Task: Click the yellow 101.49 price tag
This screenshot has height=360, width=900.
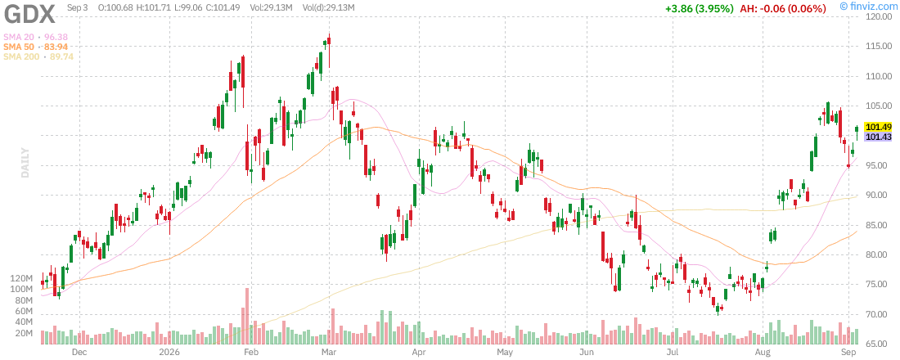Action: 878,127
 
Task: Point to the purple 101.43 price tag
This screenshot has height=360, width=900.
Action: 878,137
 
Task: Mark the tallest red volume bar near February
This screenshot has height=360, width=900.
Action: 247,316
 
